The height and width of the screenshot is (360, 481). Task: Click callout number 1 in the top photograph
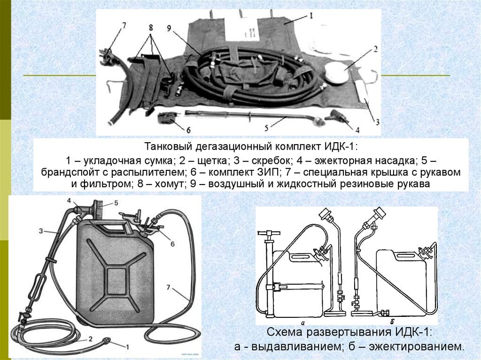(x=310, y=15)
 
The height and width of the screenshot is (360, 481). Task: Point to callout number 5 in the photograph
(x=265, y=127)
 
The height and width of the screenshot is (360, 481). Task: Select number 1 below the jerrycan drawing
(x=126, y=346)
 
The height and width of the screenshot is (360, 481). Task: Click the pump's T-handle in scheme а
(x=269, y=233)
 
